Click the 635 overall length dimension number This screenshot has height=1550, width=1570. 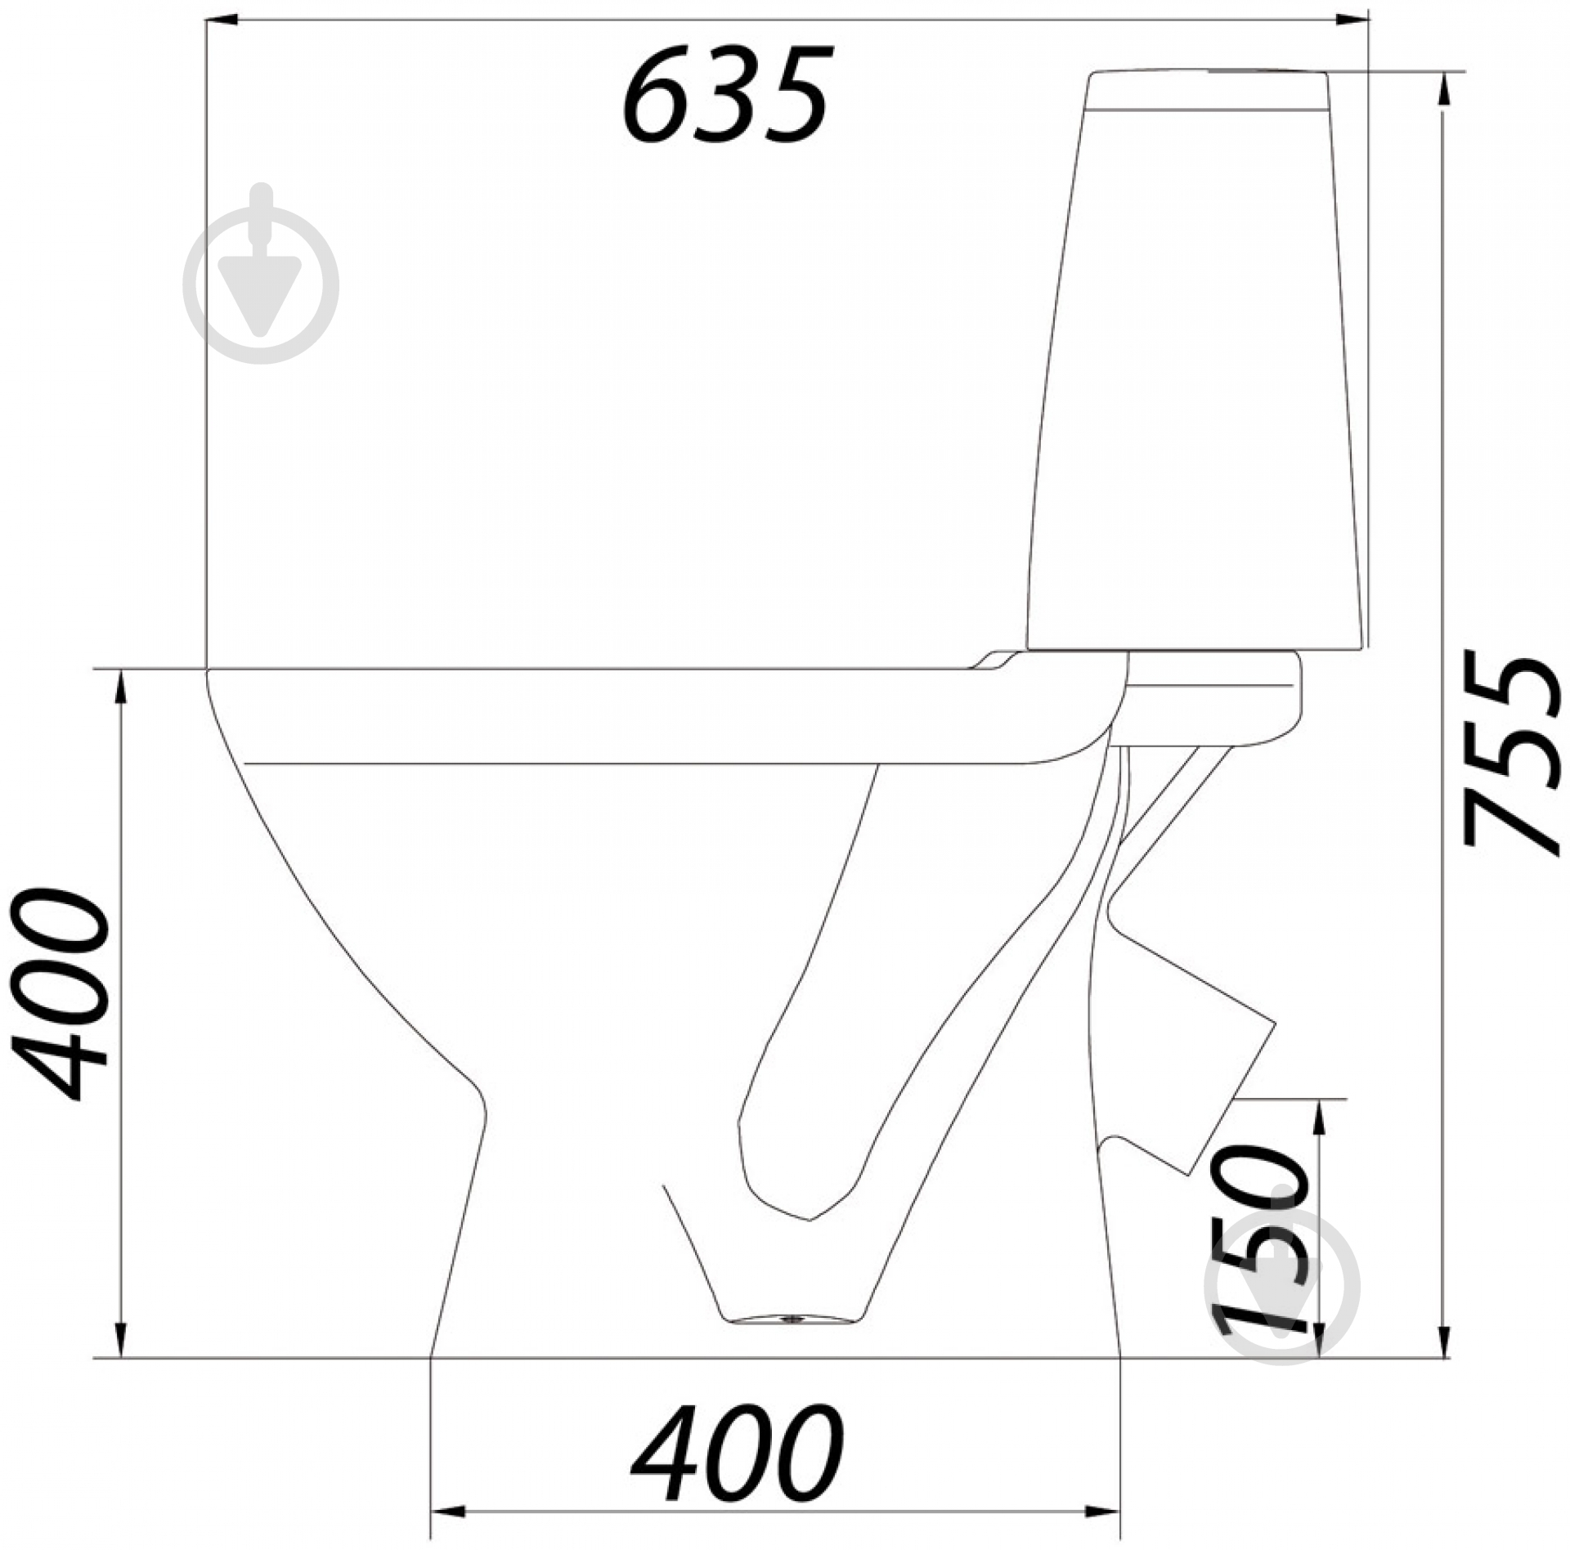click(x=726, y=95)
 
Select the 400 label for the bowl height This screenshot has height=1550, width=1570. click(x=61, y=993)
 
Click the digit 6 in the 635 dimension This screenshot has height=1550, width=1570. click(x=657, y=95)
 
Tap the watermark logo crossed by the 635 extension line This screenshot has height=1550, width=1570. click(x=262, y=275)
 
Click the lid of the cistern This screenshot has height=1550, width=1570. click(x=1206, y=90)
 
